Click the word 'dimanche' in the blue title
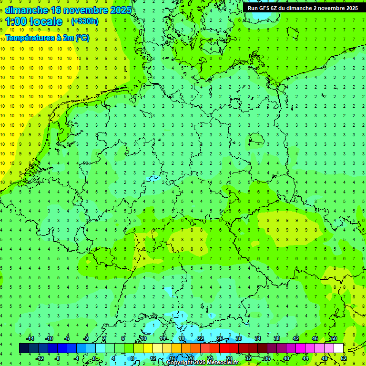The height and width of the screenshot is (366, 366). click(x=27, y=10)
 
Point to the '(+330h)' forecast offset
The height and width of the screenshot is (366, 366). click(x=84, y=21)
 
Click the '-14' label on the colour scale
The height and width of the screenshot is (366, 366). click(x=30, y=338)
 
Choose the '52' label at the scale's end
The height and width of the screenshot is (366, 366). click(x=344, y=358)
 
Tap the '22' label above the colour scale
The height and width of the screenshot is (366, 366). click(x=201, y=338)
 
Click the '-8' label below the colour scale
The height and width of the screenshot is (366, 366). click(x=57, y=358)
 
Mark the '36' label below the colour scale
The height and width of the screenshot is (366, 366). click(x=267, y=358)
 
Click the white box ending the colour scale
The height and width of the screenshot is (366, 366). click(x=338, y=348)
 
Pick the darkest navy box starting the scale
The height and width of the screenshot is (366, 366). click(x=24, y=348)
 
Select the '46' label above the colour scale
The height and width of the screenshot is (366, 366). click(x=315, y=338)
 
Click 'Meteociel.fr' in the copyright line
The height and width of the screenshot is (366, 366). click(x=223, y=363)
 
